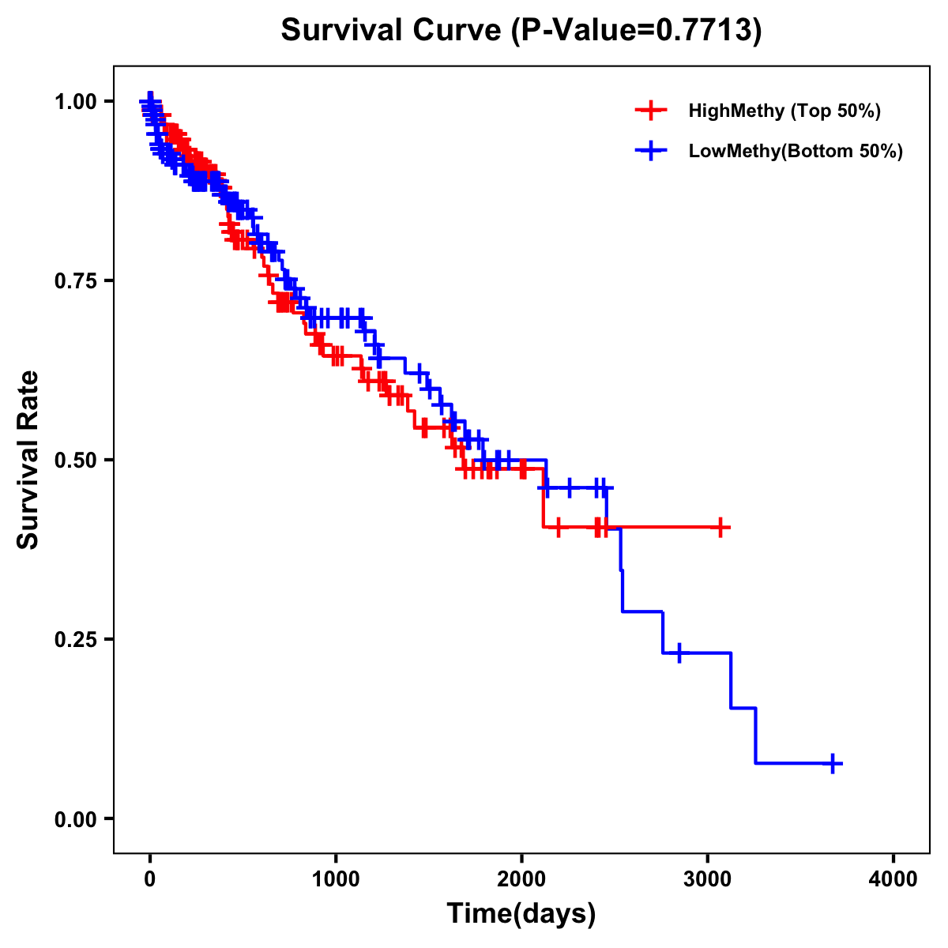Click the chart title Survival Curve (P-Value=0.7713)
click(521, 31)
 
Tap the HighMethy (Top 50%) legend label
click(784, 111)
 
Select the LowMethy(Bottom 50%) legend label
click(796, 151)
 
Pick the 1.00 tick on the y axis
click(75, 102)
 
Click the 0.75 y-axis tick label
click(75, 281)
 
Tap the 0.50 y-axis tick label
click(75, 460)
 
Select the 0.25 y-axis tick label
click(75, 639)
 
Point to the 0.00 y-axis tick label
click(75, 818)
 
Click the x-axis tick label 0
click(150, 878)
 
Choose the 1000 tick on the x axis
click(336, 878)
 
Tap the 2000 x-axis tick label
click(521, 878)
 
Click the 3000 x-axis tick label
click(708, 878)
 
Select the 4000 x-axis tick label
click(893, 878)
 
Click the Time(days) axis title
click(521, 914)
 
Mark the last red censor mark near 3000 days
click(720, 527)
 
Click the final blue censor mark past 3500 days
click(833, 763)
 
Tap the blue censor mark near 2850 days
click(679, 653)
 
